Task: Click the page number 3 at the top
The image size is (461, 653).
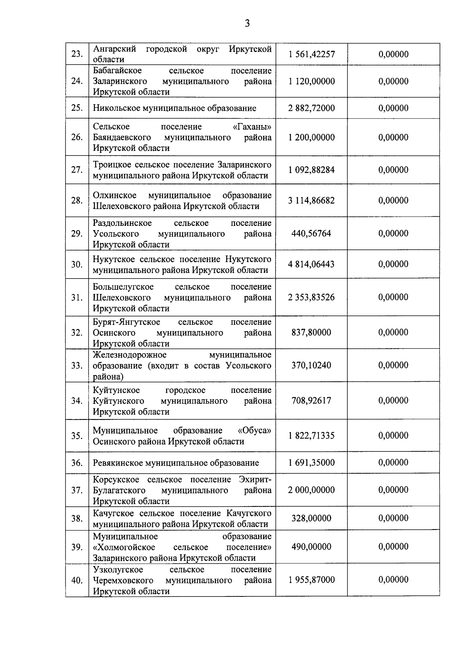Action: tap(247, 24)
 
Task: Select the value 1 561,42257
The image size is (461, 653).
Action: tap(312, 54)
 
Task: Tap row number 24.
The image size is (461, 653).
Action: tap(77, 81)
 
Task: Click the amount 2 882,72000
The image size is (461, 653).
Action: tap(312, 108)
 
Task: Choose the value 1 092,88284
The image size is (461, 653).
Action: tap(312, 170)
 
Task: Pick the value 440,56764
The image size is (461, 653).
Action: tap(312, 234)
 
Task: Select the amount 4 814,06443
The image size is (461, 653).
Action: tap(312, 264)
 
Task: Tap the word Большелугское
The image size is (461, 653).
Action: tap(123, 287)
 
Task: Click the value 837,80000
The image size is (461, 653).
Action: tap(312, 332)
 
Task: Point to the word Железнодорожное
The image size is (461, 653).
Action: tap(129, 355)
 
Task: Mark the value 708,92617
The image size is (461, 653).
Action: tap(312, 401)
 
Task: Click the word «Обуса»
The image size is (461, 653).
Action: tap(254, 431)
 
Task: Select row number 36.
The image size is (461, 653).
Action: tap(77, 463)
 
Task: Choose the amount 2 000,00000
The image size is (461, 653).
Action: tap(312, 490)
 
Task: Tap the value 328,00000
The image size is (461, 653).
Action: tap(312, 518)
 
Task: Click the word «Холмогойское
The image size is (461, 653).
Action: tap(124, 547)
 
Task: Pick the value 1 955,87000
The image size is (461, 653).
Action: tap(312, 580)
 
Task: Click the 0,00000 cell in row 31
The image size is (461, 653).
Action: tap(393, 297)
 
